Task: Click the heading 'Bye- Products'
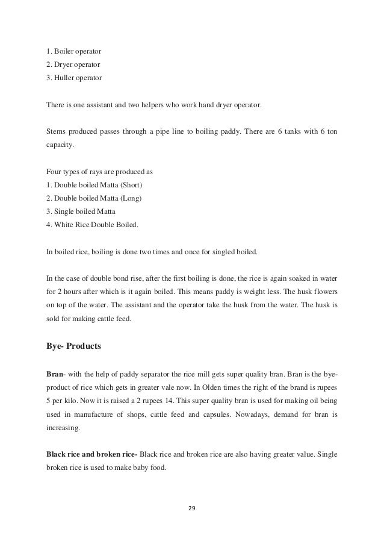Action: (74, 346)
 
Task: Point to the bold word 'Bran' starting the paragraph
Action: (55, 374)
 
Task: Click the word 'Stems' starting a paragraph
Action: (57, 131)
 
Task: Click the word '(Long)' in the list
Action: (132, 198)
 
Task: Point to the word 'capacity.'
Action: (60, 145)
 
